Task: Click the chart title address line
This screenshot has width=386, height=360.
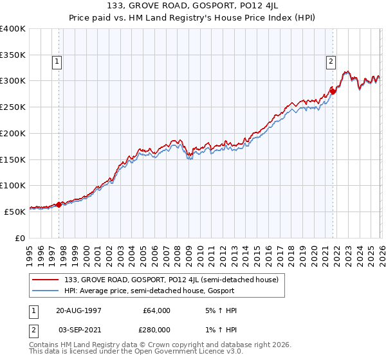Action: (193, 6)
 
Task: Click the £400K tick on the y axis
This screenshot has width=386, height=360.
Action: (13, 29)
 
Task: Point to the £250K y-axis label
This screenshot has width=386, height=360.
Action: (13, 107)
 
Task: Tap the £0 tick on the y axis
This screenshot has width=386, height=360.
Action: (21, 238)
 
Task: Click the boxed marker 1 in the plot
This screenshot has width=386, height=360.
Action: (57, 62)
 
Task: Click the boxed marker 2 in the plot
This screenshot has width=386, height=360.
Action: (331, 62)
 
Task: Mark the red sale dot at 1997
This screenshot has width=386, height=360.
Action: (59, 204)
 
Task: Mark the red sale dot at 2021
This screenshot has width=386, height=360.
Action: (333, 92)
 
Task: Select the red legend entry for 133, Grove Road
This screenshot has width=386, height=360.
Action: (171, 280)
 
